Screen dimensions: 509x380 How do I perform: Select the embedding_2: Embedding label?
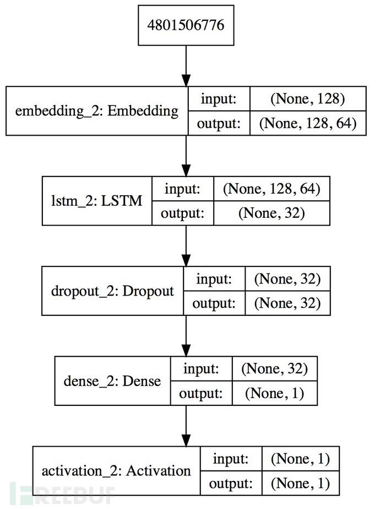click(x=97, y=111)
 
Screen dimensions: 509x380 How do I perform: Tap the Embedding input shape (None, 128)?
click(x=308, y=99)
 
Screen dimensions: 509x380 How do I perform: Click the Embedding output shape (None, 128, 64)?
click(x=308, y=124)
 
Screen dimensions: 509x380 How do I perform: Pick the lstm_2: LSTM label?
click(x=97, y=201)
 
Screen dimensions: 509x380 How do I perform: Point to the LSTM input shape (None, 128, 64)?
click(x=272, y=189)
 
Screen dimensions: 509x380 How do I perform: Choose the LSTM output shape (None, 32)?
click(x=272, y=213)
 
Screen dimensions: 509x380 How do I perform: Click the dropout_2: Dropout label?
click(x=112, y=291)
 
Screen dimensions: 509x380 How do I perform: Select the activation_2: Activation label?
click(x=116, y=471)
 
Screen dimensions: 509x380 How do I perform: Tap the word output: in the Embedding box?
click(x=219, y=124)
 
